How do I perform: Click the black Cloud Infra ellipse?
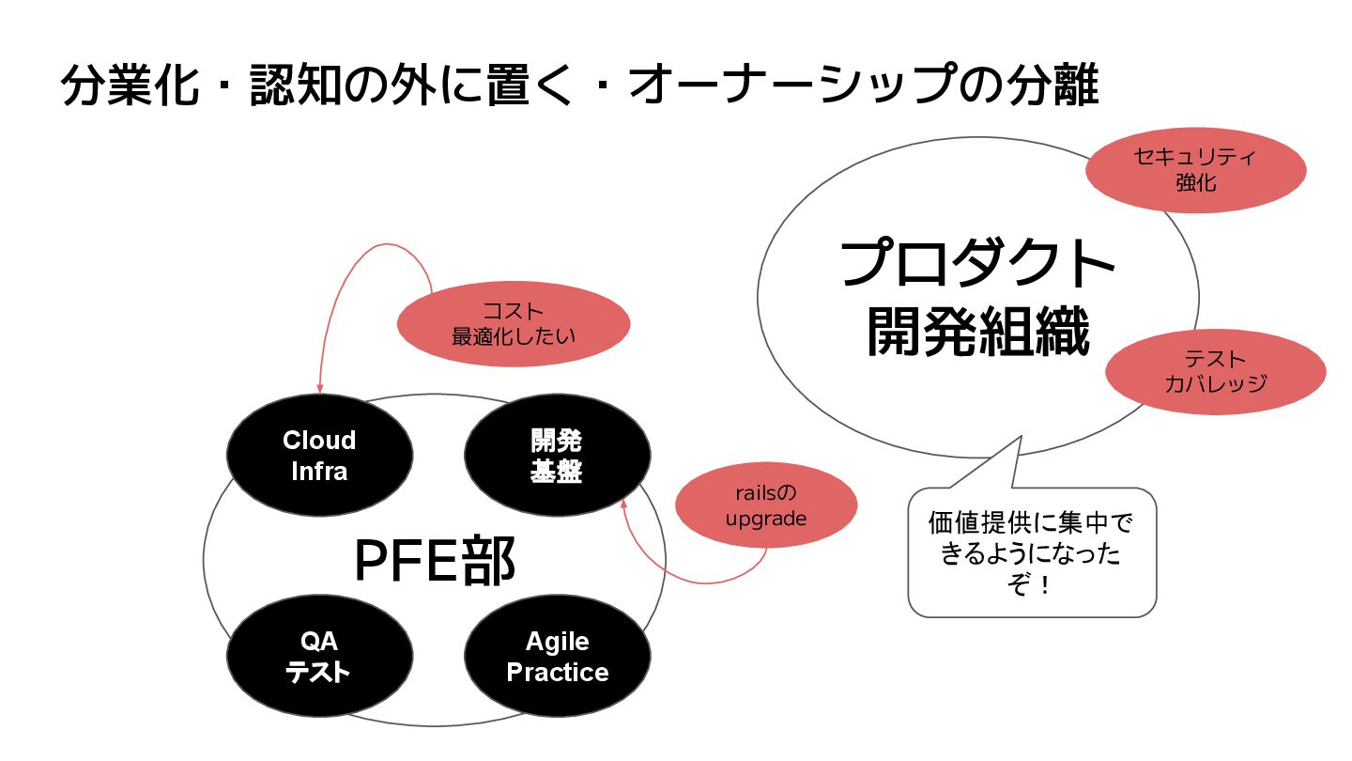pos(319,456)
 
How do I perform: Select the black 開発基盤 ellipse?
pos(557,456)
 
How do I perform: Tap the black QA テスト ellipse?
pos(319,658)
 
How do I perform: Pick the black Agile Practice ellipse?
pos(557,658)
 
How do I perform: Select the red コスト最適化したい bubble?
pos(514,324)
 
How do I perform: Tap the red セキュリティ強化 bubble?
pos(1195,170)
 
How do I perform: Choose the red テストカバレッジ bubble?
pos(1216,371)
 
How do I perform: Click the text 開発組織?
pos(977,331)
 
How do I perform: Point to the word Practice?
pos(557,673)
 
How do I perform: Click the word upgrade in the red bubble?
pos(766,518)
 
